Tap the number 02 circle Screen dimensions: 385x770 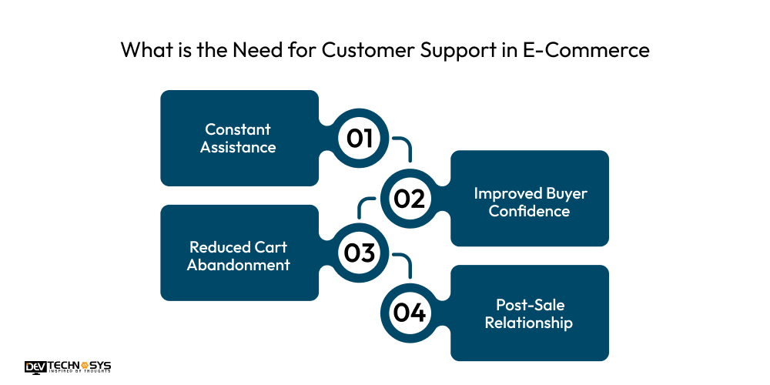[409, 199]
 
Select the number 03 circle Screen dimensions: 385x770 [360, 253]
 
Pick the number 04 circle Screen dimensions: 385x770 [409, 313]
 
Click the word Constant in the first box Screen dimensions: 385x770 [238, 129]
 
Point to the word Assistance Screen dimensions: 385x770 [238, 147]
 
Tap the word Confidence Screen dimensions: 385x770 [530, 211]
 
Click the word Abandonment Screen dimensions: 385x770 [239, 265]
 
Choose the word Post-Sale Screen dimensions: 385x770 [530, 306]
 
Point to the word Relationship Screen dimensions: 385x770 [529, 323]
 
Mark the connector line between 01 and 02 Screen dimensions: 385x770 [406, 146]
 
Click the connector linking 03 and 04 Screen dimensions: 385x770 [406, 262]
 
